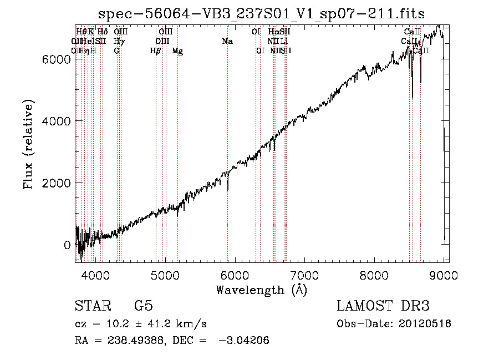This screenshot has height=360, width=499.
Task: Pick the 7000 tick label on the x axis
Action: (x=304, y=275)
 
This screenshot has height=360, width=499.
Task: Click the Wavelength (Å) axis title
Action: (x=261, y=290)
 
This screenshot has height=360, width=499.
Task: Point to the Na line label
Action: (x=227, y=41)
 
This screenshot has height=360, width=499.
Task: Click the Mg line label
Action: (x=177, y=51)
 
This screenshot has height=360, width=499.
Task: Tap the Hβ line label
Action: (x=155, y=51)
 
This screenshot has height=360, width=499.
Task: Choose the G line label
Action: (x=116, y=51)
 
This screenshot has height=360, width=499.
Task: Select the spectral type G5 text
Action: (x=143, y=306)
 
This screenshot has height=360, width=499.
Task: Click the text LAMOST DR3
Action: (x=383, y=306)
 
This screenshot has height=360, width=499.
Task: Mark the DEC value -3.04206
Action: (x=244, y=341)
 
